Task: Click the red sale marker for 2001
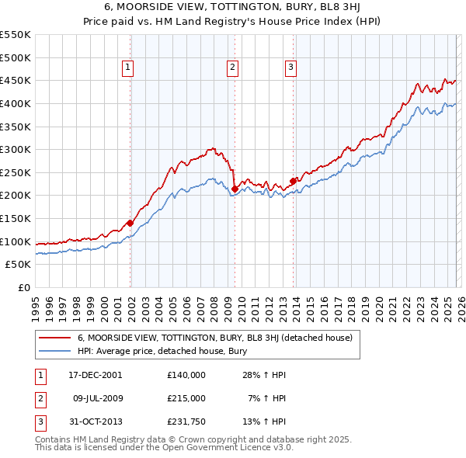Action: click(130, 223)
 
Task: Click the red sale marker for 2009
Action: click(234, 188)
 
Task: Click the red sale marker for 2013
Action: click(293, 181)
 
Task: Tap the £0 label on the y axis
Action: click(23, 288)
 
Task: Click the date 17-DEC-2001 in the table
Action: click(96, 375)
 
